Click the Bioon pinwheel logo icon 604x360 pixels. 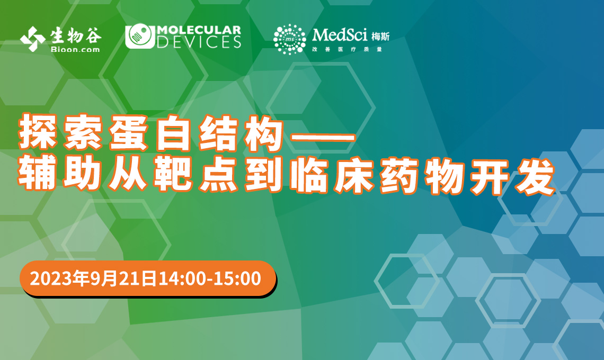33,39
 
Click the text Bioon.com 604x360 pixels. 75,49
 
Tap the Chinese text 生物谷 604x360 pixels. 76,35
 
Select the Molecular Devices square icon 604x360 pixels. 140,37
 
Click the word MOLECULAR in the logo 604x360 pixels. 199,30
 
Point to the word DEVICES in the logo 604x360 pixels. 199,42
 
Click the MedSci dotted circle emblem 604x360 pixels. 290,39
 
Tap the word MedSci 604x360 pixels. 340,35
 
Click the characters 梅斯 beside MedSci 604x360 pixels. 380,37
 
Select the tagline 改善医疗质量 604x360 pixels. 347,49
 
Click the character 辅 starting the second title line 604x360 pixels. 38,174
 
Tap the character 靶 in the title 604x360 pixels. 173,174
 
